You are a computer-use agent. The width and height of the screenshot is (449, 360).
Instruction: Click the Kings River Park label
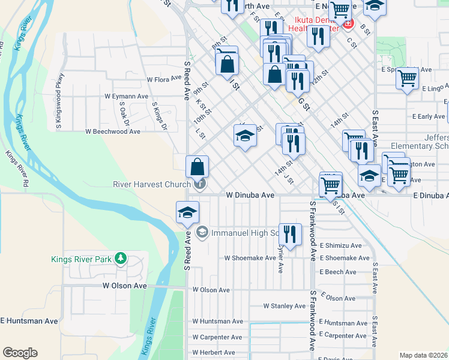tap(82, 259)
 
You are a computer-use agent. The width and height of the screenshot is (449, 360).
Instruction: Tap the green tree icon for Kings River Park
tap(121, 259)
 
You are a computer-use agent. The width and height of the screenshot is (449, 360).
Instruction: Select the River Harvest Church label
tap(151, 184)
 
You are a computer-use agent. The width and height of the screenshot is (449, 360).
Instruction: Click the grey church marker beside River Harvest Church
tap(200, 184)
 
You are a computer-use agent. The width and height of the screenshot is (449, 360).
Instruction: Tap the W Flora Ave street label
tap(164, 78)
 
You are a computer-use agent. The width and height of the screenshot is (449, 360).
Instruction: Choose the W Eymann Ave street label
tap(126, 95)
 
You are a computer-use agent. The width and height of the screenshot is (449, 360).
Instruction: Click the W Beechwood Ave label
tap(113, 131)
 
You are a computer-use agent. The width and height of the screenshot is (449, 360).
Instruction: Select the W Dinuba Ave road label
tap(250, 195)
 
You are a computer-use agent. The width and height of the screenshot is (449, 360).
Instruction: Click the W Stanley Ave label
tap(285, 305)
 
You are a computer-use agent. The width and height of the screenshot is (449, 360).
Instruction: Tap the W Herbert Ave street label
tap(214, 353)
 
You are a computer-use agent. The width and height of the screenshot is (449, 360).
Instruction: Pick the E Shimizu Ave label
tap(340, 245)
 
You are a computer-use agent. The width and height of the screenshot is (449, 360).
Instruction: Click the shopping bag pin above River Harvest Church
tap(197, 166)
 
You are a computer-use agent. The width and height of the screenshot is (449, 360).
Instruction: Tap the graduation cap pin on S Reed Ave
tap(187, 212)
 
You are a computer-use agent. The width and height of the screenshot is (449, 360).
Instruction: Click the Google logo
tap(20, 353)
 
